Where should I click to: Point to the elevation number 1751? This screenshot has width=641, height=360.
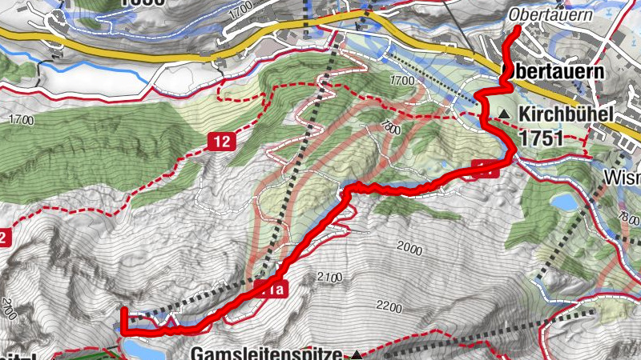(542, 138)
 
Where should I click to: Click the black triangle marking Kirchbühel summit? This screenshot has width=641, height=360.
(504, 115)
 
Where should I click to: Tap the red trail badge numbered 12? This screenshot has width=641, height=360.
(223, 142)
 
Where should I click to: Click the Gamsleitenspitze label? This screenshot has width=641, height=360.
(265, 353)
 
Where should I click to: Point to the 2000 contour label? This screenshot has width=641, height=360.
(408, 250)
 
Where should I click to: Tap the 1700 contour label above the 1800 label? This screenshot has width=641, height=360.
(401, 80)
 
